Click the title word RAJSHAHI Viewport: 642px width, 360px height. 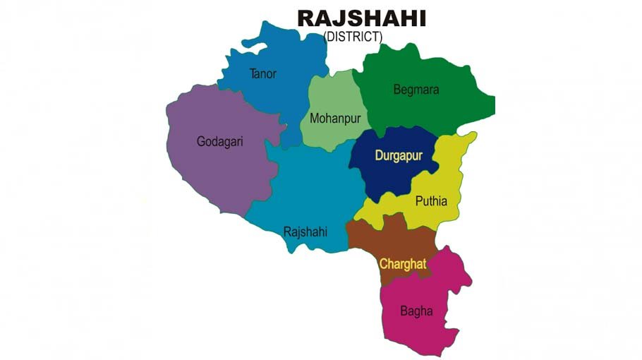pyautogui.click(x=361, y=18)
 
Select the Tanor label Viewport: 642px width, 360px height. pyautogui.click(x=263, y=73)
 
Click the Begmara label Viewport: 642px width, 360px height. pyautogui.click(x=416, y=90)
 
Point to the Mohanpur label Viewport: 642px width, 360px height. pyautogui.click(x=335, y=119)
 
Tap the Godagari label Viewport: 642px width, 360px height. pyautogui.click(x=219, y=141)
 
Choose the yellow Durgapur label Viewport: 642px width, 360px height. pyautogui.click(x=399, y=155)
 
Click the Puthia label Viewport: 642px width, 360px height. pyautogui.click(x=431, y=200)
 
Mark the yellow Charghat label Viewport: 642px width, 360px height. pyautogui.click(x=403, y=264)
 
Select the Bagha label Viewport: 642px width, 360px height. pyautogui.click(x=416, y=311)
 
